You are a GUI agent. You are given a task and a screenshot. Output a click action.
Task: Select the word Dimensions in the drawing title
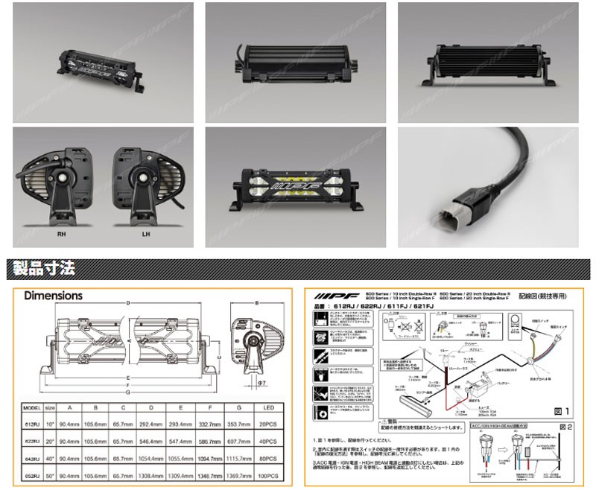(x=53, y=296)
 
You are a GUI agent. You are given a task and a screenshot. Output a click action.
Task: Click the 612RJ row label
(x=32, y=423)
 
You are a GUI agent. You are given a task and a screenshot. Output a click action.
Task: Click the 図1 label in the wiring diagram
(x=559, y=410)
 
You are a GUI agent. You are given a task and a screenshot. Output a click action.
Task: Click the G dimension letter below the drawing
(x=128, y=393)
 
